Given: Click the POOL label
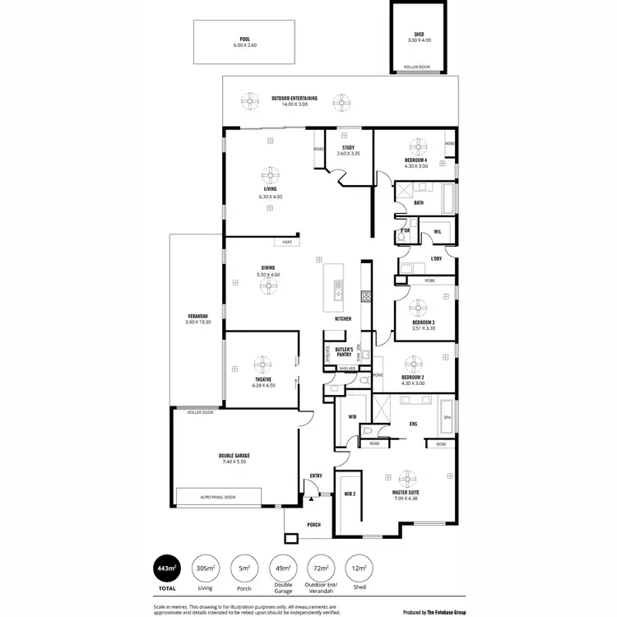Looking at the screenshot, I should coord(244,39).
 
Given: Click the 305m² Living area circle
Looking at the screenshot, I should coord(205,568).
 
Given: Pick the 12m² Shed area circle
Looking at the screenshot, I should coord(360,568).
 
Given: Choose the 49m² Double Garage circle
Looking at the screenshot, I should coord(282,568).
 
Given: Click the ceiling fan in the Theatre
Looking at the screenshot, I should coord(262,364).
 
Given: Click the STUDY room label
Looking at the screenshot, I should coord(348,147).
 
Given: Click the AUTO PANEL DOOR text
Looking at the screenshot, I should coord(218,497).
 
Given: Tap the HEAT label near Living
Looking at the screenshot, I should coord(287,242).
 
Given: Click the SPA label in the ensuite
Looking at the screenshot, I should coord(448,417).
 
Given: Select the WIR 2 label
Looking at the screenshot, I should coord(350,494).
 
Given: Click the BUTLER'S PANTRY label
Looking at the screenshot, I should coord(344,351).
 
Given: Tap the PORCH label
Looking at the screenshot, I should coord(313,525).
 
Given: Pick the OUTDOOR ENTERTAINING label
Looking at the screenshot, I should coord(295,98).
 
